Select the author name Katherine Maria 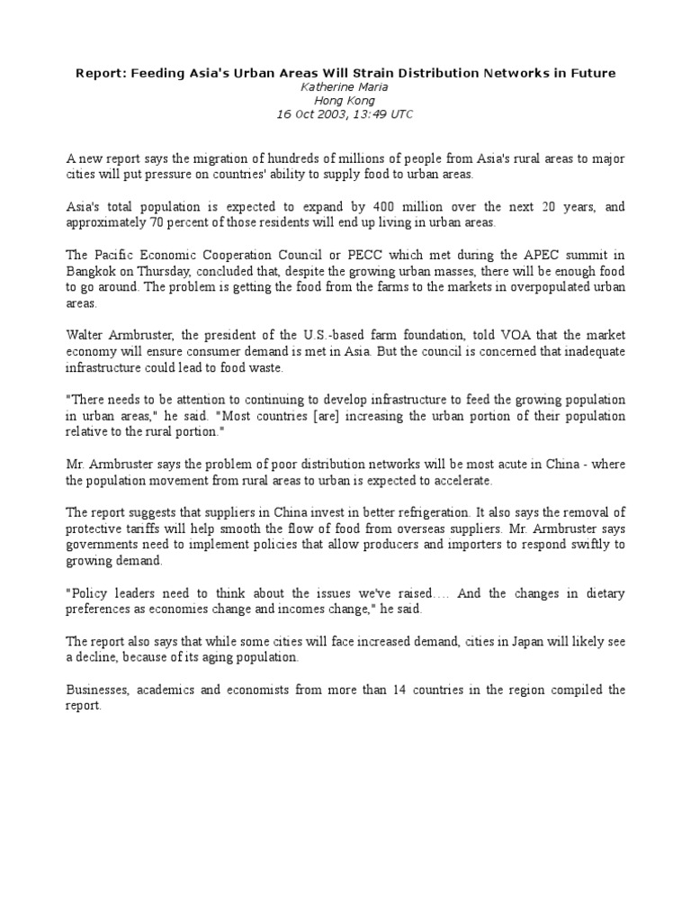coord(345,86)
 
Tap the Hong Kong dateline coord(345,100)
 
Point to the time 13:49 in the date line coord(371,114)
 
